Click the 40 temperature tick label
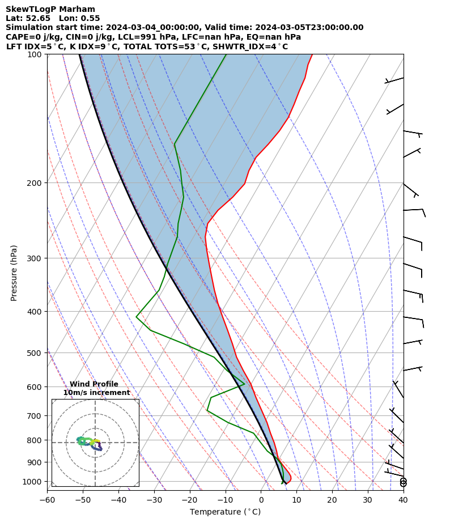point(403,500)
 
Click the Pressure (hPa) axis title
point(14,273)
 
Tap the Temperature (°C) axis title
point(225,512)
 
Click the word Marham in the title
point(77,9)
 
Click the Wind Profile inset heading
point(94,384)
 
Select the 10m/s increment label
point(96,393)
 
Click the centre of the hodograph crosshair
point(95,443)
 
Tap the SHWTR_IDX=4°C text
point(253,46)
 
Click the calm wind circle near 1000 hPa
point(403,482)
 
